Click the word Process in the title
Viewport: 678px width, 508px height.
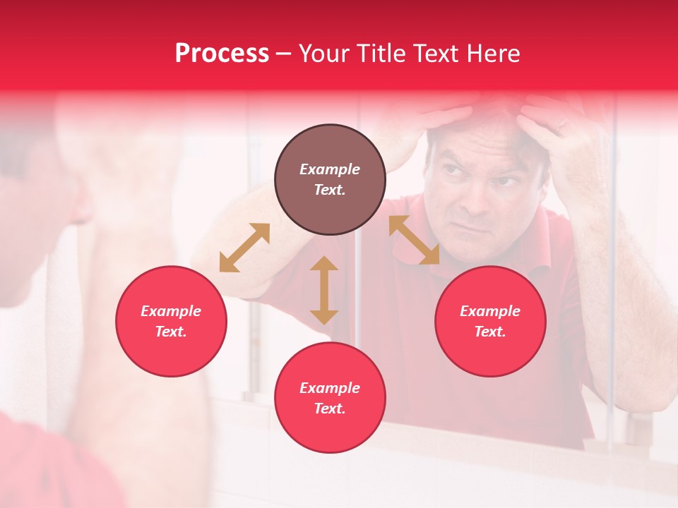(x=222, y=54)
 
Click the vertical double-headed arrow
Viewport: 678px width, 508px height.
(x=324, y=290)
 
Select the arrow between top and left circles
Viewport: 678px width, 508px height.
(x=244, y=248)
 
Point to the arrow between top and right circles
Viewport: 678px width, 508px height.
(x=414, y=240)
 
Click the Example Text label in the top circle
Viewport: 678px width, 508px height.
(x=330, y=179)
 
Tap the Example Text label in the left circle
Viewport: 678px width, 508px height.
(x=171, y=321)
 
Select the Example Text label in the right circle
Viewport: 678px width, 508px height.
(x=490, y=321)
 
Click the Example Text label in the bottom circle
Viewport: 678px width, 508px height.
(x=330, y=398)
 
